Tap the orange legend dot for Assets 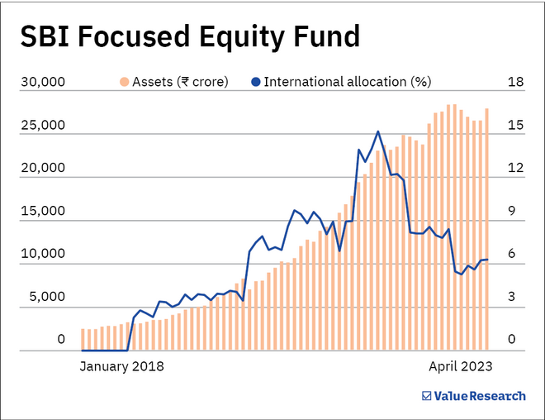[125, 82]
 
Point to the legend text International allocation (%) [347, 82]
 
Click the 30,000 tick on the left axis [42, 83]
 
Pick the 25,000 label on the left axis [42, 126]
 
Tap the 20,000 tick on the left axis [42, 169]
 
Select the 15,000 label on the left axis [42, 212]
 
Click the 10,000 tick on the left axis [42, 255]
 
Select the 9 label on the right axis [513, 212]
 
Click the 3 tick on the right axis [513, 297]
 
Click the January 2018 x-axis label [121, 365]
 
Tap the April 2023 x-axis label [460, 365]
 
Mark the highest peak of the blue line [377, 131]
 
